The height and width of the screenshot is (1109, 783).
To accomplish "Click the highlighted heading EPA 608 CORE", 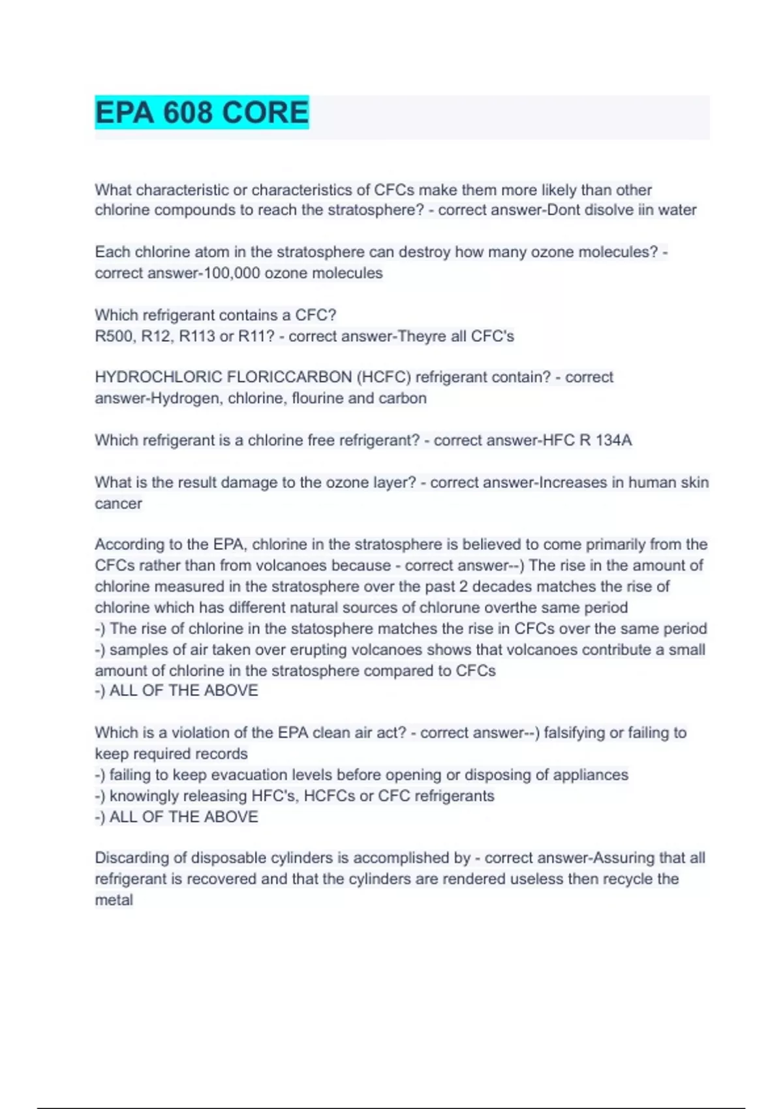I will coord(202,113).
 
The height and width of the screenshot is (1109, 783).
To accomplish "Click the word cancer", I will coord(118,504).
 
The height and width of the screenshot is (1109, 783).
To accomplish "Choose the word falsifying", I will coord(574,733).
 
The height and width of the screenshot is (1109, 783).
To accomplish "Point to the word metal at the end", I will coord(114,900).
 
